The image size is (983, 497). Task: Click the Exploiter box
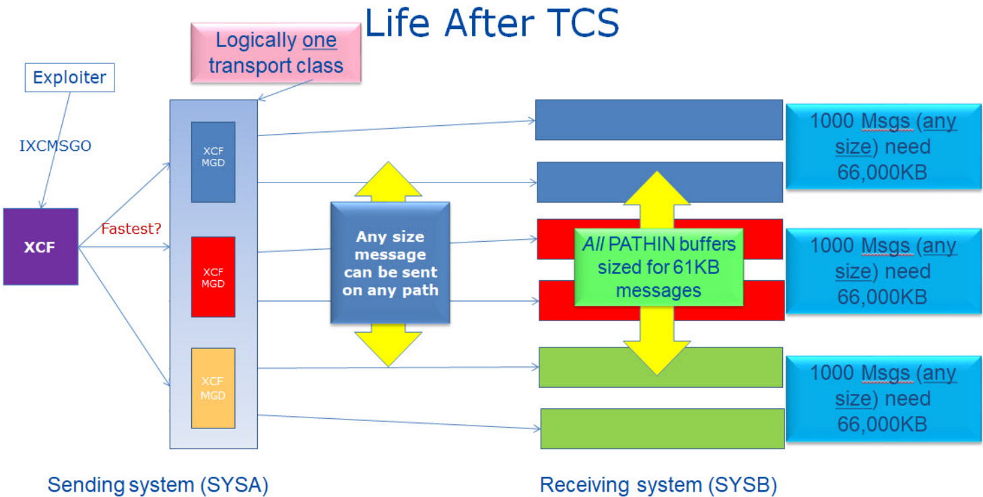click(x=70, y=77)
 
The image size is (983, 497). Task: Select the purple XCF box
click(x=41, y=246)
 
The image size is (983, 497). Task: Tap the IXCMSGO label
click(x=55, y=145)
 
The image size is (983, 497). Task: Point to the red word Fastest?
click(x=131, y=229)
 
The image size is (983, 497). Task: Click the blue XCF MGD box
click(x=213, y=162)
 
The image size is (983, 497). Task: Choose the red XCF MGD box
click(x=213, y=277)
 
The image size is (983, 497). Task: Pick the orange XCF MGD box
click(x=213, y=388)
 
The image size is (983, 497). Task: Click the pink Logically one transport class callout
click(x=276, y=53)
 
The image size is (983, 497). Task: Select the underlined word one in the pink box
click(x=319, y=41)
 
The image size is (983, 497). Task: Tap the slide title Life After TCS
click(x=491, y=23)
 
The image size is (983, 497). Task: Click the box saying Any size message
click(x=390, y=263)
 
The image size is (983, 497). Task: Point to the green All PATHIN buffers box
click(x=658, y=267)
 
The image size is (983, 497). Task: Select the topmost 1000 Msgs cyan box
click(x=883, y=147)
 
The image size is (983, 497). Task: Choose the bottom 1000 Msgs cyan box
click(x=883, y=399)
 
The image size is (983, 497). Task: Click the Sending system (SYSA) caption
click(x=158, y=485)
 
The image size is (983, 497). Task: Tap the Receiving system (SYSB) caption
click(x=658, y=485)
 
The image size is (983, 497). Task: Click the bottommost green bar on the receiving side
click(x=663, y=428)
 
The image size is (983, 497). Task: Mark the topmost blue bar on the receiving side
click(x=659, y=120)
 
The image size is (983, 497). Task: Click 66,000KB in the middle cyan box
click(x=882, y=297)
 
